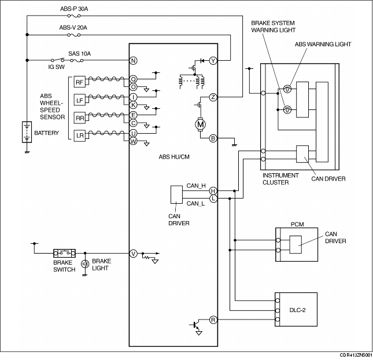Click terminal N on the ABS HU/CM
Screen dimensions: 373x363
(133, 60)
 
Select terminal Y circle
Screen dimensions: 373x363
(213, 61)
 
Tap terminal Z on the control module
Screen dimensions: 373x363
(213, 97)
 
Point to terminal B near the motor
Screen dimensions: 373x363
(213, 138)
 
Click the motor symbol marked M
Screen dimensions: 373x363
(200, 124)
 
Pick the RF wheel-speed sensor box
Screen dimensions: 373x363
(79, 82)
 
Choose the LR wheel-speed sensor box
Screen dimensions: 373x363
(79, 136)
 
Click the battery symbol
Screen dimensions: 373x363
(27, 132)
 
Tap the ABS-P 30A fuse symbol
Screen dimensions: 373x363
(74, 16)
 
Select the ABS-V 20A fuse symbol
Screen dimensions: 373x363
(74, 35)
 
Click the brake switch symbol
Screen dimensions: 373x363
(64, 253)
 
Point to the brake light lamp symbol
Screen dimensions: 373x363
(85, 264)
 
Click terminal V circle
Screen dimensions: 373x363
(133, 254)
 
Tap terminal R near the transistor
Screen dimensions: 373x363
(213, 320)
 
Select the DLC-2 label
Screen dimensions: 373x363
(297, 310)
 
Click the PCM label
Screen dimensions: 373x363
(297, 225)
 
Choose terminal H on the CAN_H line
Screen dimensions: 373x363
(213, 191)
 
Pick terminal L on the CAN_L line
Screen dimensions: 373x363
(213, 198)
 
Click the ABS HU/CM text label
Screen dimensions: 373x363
(174, 157)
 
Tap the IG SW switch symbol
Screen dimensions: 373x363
(58, 60)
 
